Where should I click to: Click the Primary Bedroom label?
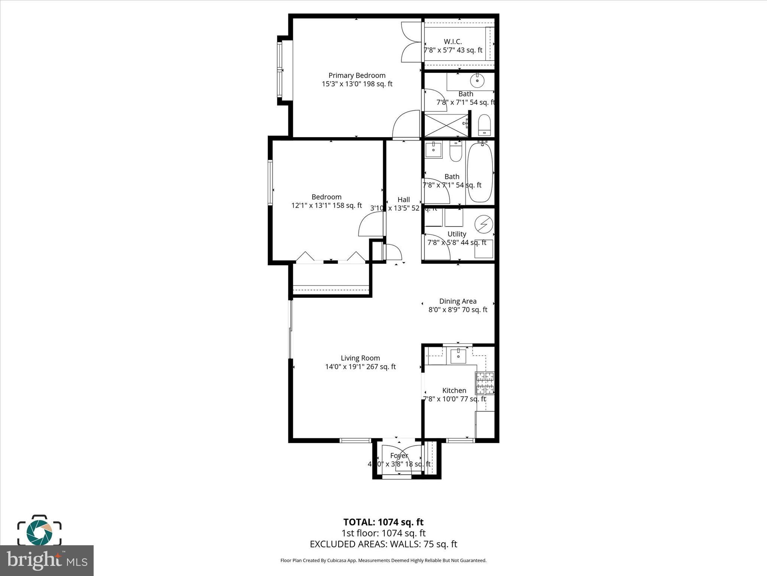pyautogui.click(x=357, y=75)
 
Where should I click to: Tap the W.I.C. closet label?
pyautogui.click(x=453, y=42)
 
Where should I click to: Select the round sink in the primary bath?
pyautogui.click(x=477, y=80)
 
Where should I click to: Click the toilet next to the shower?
pyautogui.click(x=484, y=125)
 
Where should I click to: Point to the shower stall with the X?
pyautogui.click(x=446, y=125)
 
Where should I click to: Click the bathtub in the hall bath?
pyautogui.click(x=480, y=173)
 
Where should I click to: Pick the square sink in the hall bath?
pyautogui.click(x=434, y=149)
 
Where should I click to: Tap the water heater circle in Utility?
pyautogui.click(x=483, y=224)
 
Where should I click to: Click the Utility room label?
pyautogui.click(x=457, y=234)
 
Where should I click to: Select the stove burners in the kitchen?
pyautogui.click(x=485, y=383)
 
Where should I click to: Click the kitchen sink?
pyautogui.click(x=458, y=355)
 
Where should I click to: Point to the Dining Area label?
pyautogui.click(x=458, y=301)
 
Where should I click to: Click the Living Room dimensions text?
pyautogui.click(x=360, y=367)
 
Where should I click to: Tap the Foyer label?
pyautogui.click(x=399, y=456)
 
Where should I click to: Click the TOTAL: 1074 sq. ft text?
pyautogui.click(x=383, y=522)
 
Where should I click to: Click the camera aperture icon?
pyautogui.click(x=39, y=532)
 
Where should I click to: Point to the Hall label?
pyautogui.click(x=403, y=200)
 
